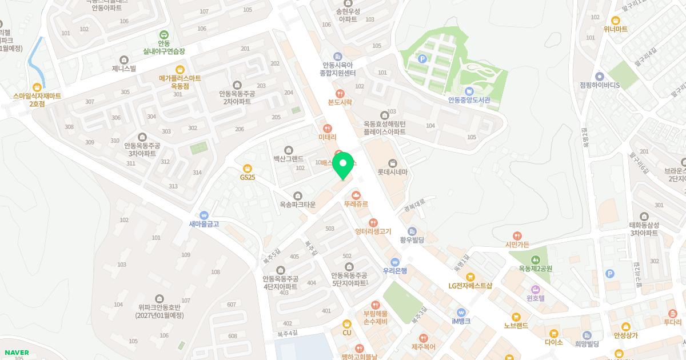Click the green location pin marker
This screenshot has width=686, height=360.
coord(343,165)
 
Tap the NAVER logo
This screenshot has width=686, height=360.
coord(16,353)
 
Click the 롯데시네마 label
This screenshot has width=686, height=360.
coord(392,172)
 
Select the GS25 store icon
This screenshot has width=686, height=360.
coord(248,168)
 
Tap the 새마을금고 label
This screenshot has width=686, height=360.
coord(204,224)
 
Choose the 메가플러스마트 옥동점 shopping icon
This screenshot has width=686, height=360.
coord(180,69)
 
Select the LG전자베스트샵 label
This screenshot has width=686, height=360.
coord(470,286)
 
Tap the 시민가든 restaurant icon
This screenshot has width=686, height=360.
coord(517,235)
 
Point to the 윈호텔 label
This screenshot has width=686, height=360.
coord(536,298)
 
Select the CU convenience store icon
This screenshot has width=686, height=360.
coord(346,323)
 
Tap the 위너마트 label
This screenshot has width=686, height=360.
coord(615,29)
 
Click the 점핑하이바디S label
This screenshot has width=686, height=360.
coord(600,85)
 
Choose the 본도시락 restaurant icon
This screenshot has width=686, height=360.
coord(340,93)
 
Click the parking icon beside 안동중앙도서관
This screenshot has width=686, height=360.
coord(422,58)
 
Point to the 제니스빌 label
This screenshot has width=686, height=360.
coord(124,69)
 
